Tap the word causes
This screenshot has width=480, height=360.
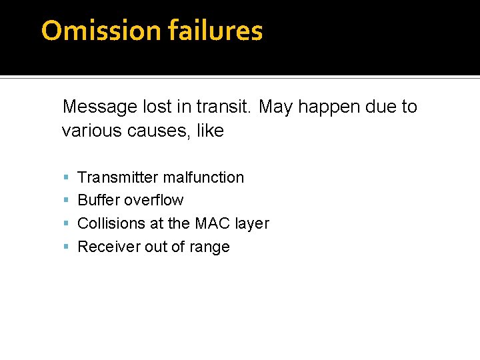point(147,131)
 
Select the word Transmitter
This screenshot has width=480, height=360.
point(118,177)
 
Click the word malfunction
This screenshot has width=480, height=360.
point(203,177)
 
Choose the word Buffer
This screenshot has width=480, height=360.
point(99,200)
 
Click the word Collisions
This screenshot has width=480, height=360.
point(111,223)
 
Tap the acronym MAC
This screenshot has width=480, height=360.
point(211,223)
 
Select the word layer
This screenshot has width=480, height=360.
point(251,224)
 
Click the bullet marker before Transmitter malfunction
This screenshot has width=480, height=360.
point(66,178)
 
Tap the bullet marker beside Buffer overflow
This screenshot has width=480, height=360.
point(66,201)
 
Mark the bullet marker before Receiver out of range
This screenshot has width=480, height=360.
point(66,247)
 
